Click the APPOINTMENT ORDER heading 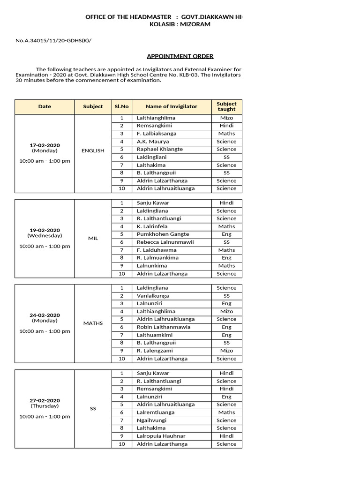coord(180,56)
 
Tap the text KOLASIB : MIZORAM coord(180,24)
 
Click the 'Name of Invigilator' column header coord(171,106)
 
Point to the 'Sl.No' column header coord(121,106)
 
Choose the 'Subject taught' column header coord(226,106)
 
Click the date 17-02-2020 coord(45,145)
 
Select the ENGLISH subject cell coord(93,151)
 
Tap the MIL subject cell coord(93,238)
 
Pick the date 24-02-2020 coord(45,315)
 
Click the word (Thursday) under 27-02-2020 coord(45,406)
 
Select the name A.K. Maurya coord(153,142)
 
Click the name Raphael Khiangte coord(159,149)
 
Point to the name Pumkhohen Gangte coord(163,234)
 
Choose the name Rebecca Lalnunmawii coord(165,242)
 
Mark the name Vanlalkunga coord(153,296)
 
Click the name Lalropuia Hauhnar coord(161,436)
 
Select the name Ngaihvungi coord(151,420)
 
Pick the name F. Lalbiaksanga coord(157,134)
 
